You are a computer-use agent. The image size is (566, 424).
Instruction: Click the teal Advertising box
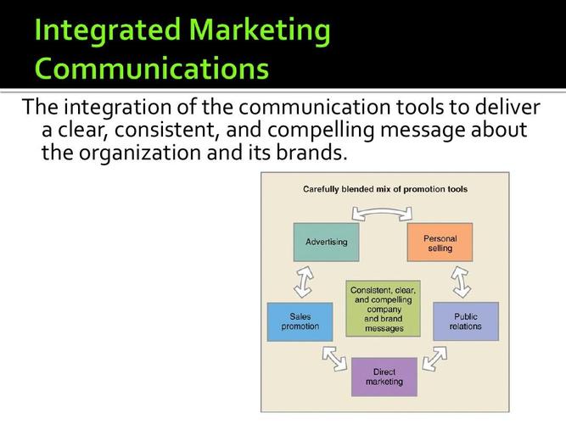(x=327, y=243)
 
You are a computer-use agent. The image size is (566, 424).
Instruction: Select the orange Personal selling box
(x=440, y=243)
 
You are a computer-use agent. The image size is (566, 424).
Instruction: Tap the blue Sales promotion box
(x=300, y=322)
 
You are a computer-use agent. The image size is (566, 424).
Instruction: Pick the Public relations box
(x=466, y=321)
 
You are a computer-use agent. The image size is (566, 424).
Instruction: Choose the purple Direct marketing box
(x=384, y=377)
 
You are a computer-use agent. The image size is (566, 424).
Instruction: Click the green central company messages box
(x=383, y=309)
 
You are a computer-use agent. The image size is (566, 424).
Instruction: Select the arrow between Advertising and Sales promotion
(x=304, y=282)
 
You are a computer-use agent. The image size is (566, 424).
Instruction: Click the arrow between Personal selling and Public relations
(x=461, y=282)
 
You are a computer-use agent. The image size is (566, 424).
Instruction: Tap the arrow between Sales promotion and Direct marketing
(x=334, y=359)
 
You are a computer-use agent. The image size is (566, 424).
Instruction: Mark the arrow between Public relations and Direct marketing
(x=434, y=359)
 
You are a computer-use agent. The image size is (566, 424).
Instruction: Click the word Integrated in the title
(x=107, y=31)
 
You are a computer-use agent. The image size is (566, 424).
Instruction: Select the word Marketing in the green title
(x=259, y=31)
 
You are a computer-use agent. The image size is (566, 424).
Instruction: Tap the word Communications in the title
(x=152, y=68)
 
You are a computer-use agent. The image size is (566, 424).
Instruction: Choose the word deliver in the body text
(x=507, y=107)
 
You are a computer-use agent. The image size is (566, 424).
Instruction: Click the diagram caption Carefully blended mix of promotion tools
(x=385, y=189)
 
